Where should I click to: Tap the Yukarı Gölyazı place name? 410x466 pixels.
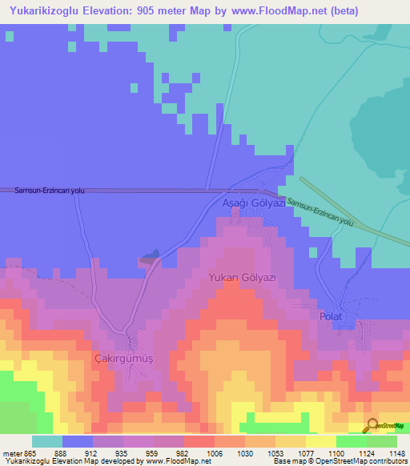tap(242, 277)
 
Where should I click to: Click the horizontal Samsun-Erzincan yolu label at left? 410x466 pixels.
tap(50, 191)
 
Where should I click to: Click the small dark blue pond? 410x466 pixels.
tap(149, 257)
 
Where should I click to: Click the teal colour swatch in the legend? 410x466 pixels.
tap(47, 441)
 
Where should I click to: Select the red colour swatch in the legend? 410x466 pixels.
tap(199, 441)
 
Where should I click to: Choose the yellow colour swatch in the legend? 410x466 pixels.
tap(321, 441)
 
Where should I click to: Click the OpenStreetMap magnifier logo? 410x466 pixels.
tap(372, 424)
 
